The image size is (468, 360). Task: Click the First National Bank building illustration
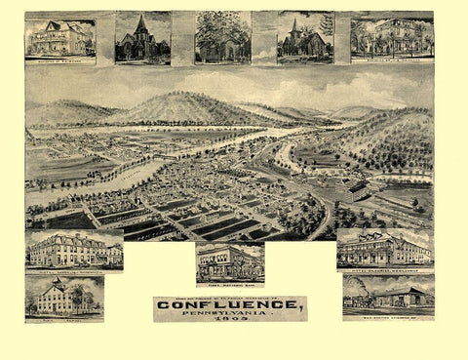229,261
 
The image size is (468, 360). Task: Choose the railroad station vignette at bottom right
388,295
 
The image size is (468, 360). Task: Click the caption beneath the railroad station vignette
388,317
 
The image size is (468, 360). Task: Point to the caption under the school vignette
65,317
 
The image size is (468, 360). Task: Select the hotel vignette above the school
73,250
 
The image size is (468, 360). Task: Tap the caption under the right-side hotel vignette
384,267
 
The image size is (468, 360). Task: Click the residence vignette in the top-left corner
59,37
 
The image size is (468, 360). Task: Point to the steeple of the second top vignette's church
142,22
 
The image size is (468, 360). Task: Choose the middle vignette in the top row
222,37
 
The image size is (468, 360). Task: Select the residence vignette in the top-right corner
391,37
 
